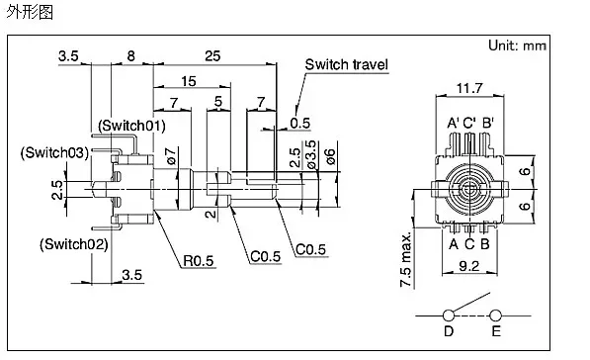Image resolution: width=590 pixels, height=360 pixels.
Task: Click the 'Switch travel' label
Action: coord(346,64)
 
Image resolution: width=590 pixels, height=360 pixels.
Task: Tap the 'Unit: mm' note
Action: coord(517,45)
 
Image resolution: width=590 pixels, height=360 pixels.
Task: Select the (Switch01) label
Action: coord(131,126)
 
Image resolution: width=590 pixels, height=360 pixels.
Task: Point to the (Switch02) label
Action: coord(74,244)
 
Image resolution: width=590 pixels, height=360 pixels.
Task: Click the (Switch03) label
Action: coord(55,152)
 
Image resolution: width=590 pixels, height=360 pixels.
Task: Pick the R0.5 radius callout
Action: coord(198,260)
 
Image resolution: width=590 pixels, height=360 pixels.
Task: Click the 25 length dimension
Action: coord(212,56)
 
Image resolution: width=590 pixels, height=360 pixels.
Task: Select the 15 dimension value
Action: coord(188,81)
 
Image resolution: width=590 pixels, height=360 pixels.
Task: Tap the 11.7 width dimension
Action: coord(469,88)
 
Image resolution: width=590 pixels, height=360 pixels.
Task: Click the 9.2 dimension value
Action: coord(469,266)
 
